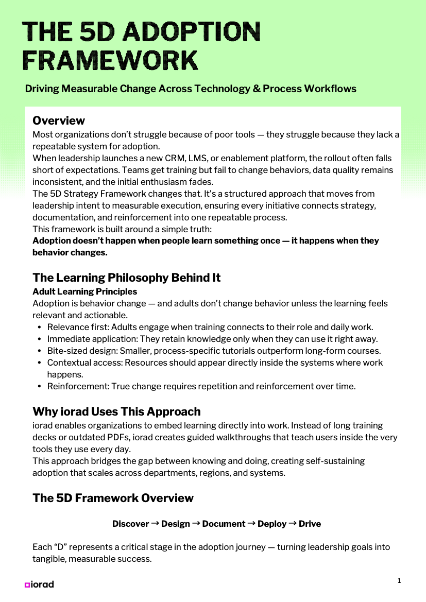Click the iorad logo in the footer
click(x=39, y=584)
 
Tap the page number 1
click(x=399, y=580)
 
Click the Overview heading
click(x=59, y=121)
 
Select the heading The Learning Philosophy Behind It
click(x=126, y=278)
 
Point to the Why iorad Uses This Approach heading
click(x=116, y=411)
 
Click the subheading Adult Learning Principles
click(x=84, y=291)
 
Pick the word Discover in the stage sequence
click(x=130, y=524)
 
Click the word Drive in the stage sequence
click(x=310, y=524)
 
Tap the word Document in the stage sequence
click(x=224, y=524)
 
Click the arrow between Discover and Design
click(x=155, y=524)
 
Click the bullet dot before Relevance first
click(x=40, y=327)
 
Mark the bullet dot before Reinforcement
click(x=40, y=386)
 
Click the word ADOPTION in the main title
click(x=193, y=32)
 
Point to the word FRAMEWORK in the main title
click(x=111, y=60)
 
